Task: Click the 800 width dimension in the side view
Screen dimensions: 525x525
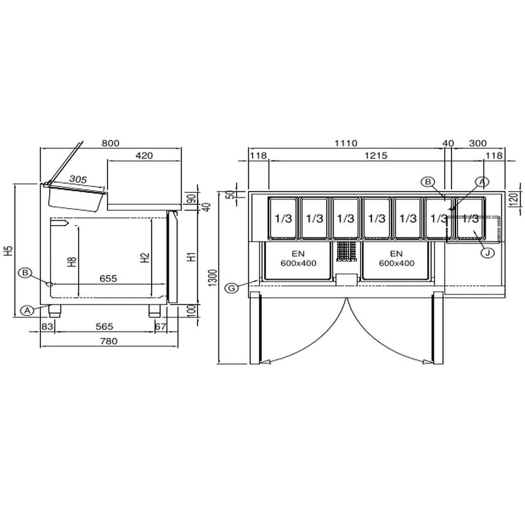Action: click(x=110, y=143)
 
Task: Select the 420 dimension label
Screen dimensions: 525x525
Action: click(x=144, y=156)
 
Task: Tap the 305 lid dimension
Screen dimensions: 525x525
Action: click(x=78, y=179)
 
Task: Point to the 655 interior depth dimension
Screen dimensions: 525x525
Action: click(x=108, y=278)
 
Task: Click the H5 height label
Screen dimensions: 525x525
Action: click(x=9, y=251)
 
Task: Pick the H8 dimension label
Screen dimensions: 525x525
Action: click(x=72, y=262)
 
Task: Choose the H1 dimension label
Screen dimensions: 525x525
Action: click(x=192, y=257)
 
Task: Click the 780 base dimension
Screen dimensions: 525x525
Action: click(x=109, y=341)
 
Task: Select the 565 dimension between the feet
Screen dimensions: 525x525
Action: click(x=104, y=326)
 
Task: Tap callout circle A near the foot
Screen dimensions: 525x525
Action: click(x=27, y=310)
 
